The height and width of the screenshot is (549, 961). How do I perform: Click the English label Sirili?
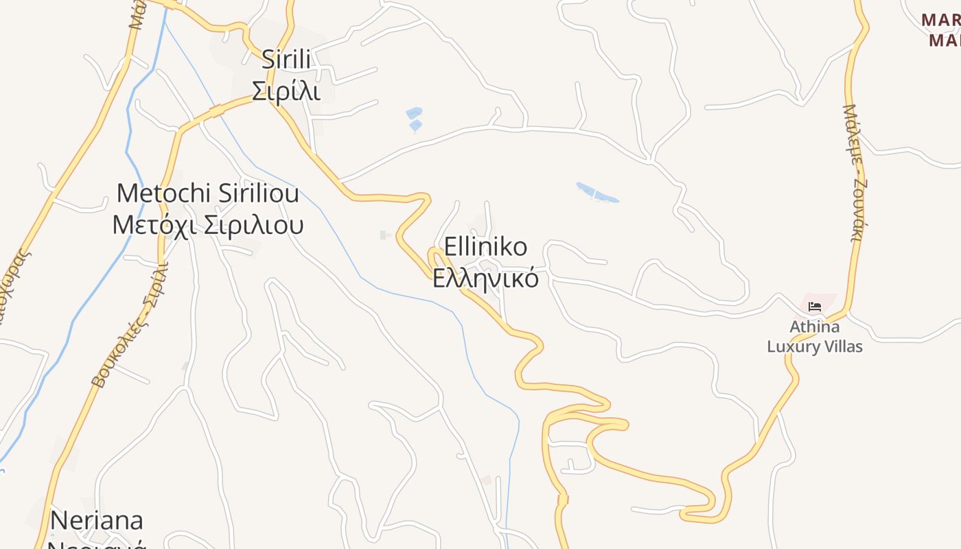click(x=286, y=60)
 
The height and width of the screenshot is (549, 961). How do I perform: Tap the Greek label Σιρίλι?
click(x=286, y=91)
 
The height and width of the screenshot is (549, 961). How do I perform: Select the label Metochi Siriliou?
click(x=208, y=194)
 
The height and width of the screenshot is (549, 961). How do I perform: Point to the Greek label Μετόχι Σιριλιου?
click(x=208, y=224)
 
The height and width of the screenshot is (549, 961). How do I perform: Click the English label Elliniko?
click(x=485, y=247)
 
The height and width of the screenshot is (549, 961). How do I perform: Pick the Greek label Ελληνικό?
click(x=485, y=279)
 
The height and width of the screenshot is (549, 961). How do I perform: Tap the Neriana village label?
click(x=97, y=520)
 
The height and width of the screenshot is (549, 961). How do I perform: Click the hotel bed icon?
click(x=815, y=306)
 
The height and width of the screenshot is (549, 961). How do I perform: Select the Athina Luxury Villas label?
click(x=815, y=336)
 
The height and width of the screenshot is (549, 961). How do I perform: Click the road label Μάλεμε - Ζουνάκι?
click(x=856, y=175)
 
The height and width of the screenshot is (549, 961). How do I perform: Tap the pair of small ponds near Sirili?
click(x=414, y=119)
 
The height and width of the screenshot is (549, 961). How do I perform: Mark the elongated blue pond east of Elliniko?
click(x=597, y=193)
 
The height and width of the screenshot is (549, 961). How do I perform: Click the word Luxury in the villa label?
click(x=790, y=347)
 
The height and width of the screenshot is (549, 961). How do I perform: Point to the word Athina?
click(x=815, y=327)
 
